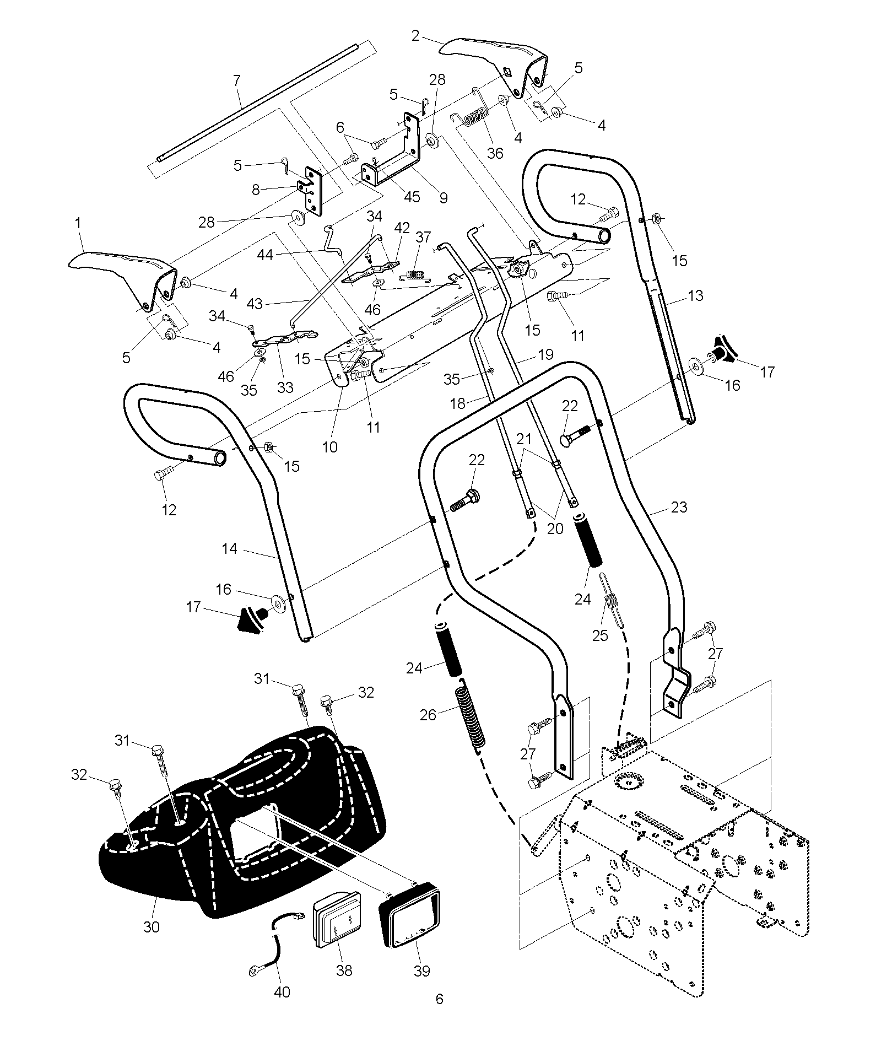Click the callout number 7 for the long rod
pos(237,81)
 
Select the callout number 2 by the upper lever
pos(415,36)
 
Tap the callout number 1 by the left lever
pos(78,223)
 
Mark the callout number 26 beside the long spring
pos(428,715)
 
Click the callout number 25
pos(600,635)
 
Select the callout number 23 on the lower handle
pos(679,506)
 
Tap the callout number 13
pos(696,295)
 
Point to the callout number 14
pos(230,548)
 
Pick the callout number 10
pos(329,446)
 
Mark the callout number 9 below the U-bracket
pos(443,197)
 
